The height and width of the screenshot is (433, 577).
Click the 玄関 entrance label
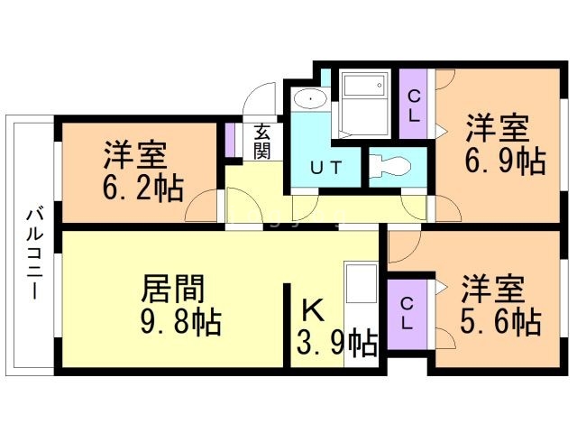coord(261,141)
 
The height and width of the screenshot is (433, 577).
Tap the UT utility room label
coord(326,167)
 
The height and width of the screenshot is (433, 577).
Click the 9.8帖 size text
coord(181,321)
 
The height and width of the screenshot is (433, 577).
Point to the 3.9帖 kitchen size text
coord(336,342)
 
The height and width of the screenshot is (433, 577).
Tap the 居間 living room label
coord(173,290)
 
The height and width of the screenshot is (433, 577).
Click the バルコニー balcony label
coord(32,253)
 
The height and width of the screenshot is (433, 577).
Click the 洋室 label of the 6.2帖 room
coord(134,155)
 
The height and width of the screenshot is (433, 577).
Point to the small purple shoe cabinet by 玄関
coord(230,140)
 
